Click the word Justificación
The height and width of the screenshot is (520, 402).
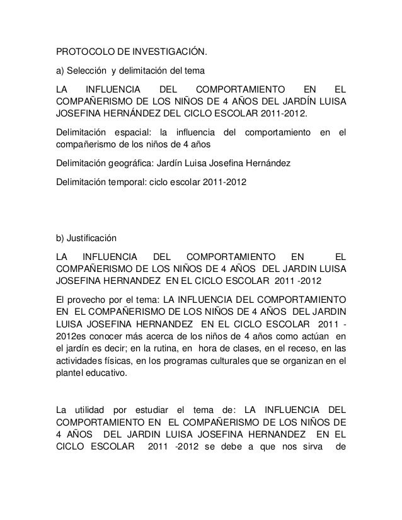coord(93,239)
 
